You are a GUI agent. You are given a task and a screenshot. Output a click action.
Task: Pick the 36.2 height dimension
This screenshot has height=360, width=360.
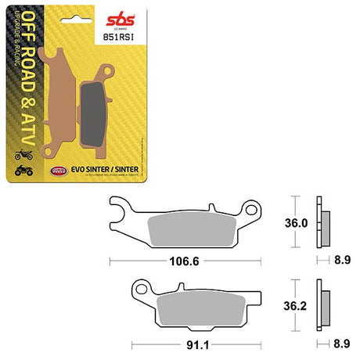[x=293, y=307]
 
